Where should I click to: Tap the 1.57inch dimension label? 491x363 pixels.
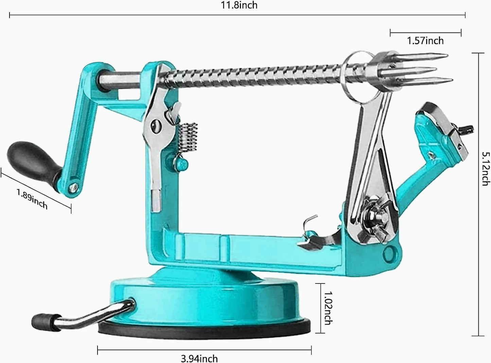425,41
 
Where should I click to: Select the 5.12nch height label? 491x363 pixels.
485,169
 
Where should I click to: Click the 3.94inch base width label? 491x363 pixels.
199,358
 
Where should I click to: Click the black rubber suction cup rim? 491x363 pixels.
204,329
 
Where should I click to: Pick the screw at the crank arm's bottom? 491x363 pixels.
73,186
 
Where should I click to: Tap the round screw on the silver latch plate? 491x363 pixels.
156,126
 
